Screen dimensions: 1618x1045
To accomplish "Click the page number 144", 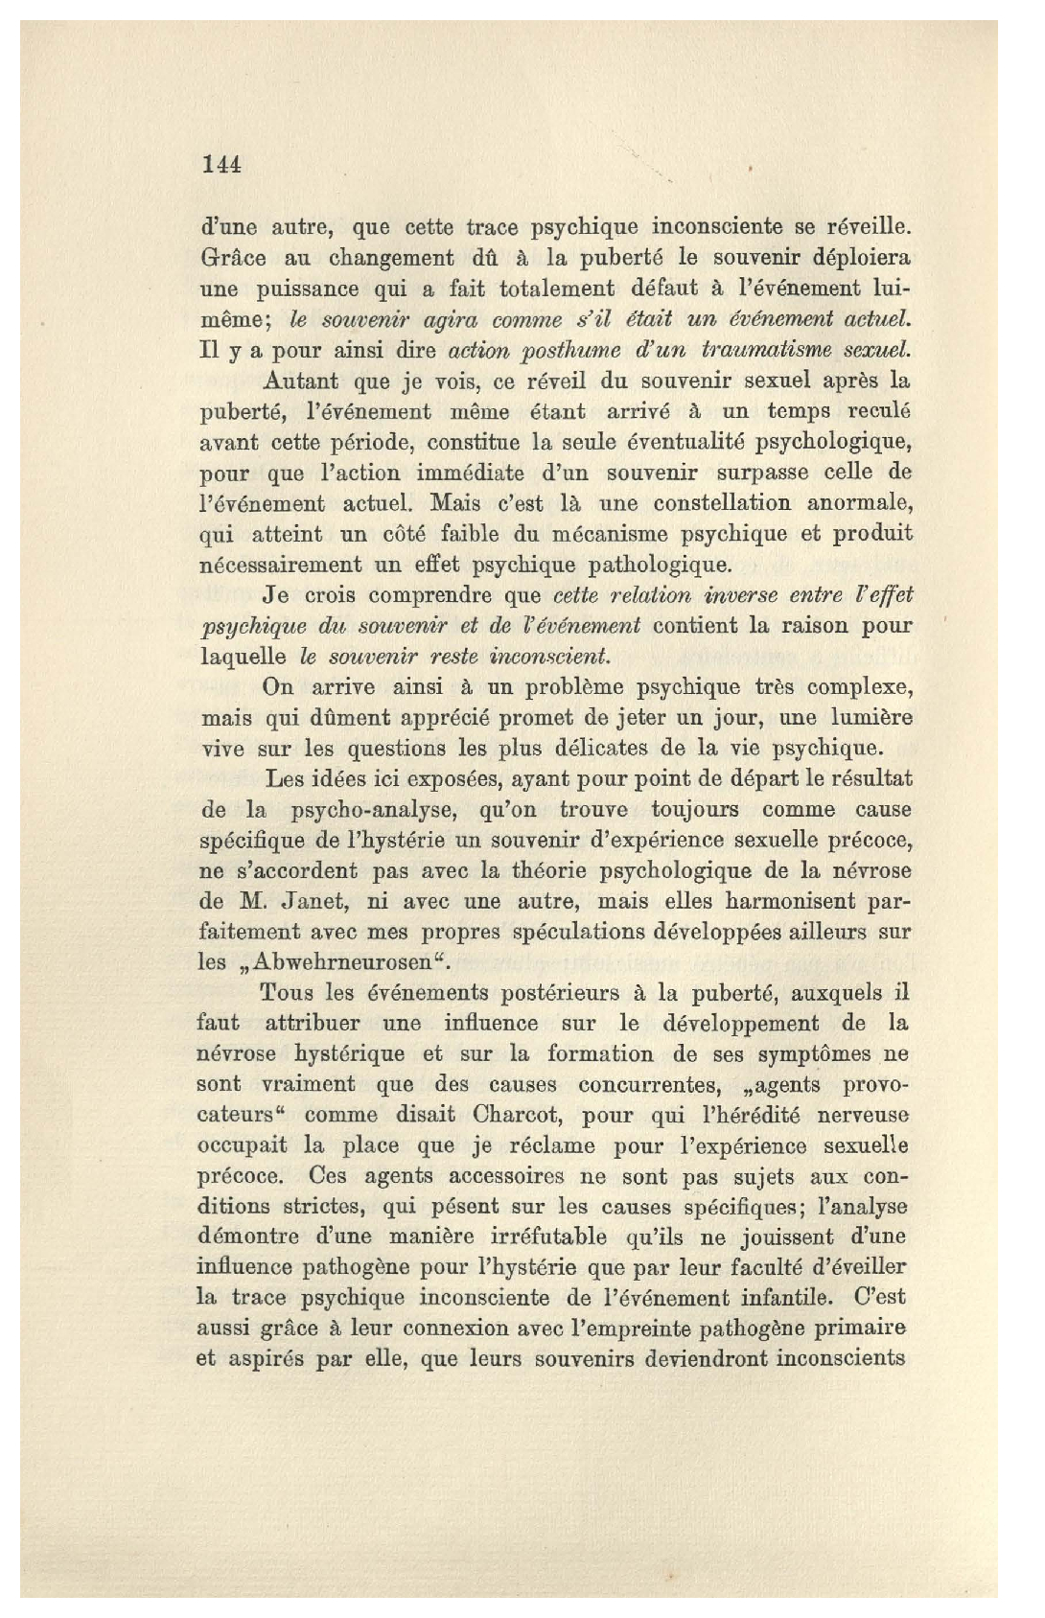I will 222,165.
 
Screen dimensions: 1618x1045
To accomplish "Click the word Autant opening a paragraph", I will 299,381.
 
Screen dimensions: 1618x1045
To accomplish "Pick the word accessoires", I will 505,1176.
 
